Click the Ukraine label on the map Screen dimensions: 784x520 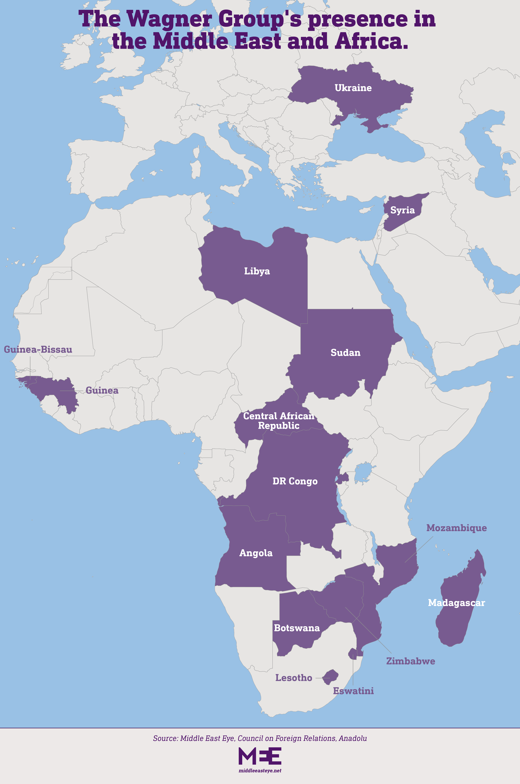click(x=353, y=88)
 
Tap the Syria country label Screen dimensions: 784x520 click(x=402, y=210)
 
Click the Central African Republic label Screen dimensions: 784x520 click(x=279, y=421)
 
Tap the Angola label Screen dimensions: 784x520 click(x=256, y=553)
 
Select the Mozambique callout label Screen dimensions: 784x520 click(x=456, y=528)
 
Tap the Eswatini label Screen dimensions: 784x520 click(x=353, y=691)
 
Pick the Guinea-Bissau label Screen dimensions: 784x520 click(x=38, y=349)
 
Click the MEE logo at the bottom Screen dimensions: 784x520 click(x=260, y=756)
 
